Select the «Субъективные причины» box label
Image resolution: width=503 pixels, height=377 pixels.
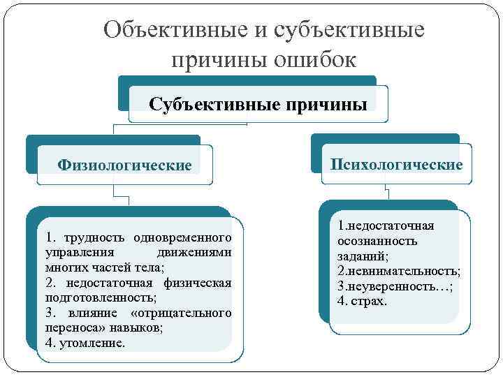pos(258,105)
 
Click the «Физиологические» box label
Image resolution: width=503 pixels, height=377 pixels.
pos(124,165)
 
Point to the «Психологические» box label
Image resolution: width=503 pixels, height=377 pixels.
pos(396,164)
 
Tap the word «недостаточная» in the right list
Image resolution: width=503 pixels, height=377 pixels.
pos(391,226)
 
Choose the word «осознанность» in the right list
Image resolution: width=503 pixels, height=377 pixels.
pos(377,241)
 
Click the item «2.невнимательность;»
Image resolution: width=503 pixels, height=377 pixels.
pos(398,271)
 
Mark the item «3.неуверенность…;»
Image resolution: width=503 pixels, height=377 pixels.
pos(395,286)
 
